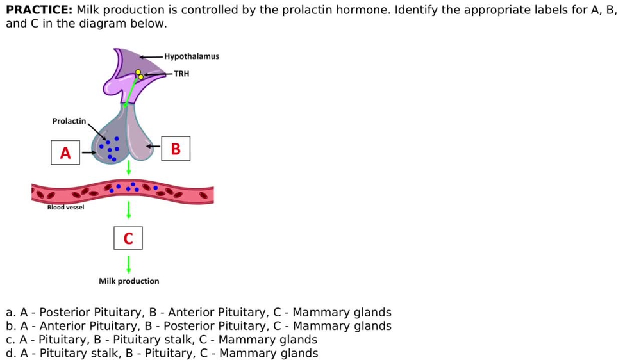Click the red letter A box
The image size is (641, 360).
click(65, 152)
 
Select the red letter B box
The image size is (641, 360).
click(176, 149)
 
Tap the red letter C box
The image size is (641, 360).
click(128, 238)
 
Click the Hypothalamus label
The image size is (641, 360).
click(192, 56)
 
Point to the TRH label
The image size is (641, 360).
click(181, 74)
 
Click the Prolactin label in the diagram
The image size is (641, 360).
click(69, 121)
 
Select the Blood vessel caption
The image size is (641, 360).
click(65, 207)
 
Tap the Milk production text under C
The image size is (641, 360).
click(129, 281)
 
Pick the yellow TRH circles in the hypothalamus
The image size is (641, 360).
click(139, 74)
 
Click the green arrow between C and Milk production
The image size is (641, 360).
click(129, 265)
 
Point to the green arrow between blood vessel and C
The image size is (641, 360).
click(129, 210)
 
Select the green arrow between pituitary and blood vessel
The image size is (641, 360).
click(129, 168)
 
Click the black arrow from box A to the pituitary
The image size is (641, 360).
click(88, 152)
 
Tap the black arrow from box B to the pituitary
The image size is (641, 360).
click(153, 146)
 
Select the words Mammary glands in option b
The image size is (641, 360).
click(342, 326)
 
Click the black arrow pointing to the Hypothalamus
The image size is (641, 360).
click(151, 57)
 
